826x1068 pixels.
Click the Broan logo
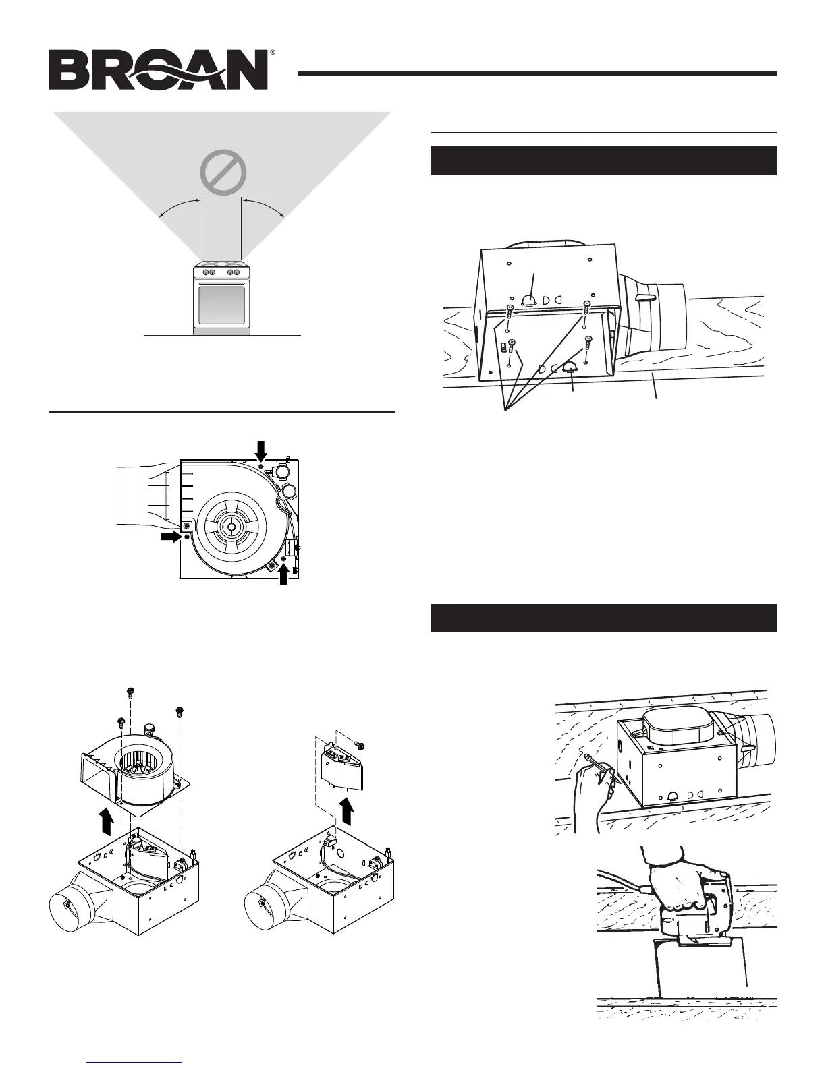(159, 71)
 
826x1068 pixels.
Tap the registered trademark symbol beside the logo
(273, 52)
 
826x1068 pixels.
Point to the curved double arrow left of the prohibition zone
(180, 206)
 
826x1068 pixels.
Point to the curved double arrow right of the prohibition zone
(264, 206)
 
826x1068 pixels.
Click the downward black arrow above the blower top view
(262, 446)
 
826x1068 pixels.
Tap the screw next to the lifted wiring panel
(359, 745)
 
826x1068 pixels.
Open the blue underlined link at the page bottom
(135, 1061)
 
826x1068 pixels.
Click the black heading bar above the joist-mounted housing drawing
(603, 160)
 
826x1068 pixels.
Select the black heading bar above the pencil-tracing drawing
(603, 618)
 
